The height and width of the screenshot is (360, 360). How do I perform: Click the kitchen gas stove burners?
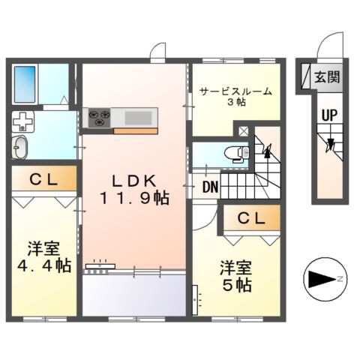click(99, 117)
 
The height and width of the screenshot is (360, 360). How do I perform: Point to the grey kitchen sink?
click(136, 117)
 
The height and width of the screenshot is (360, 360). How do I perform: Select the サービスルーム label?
click(235, 91)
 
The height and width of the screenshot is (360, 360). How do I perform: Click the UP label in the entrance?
click(328, 115)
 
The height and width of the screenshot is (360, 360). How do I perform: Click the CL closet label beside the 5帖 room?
click(251, 218)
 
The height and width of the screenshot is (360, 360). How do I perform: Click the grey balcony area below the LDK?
click(133, 295)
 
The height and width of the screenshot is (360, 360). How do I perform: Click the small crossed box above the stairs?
click(243, 130)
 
